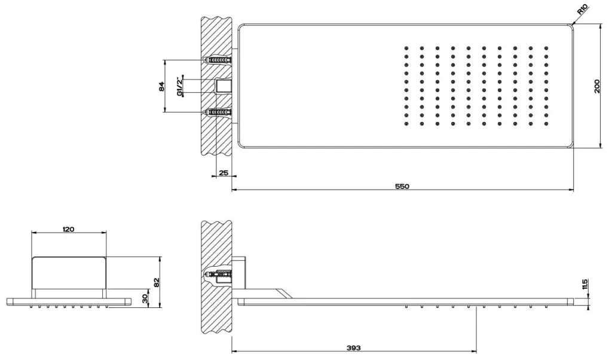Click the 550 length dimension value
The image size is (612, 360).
pyautogui.click(x=402, y=186)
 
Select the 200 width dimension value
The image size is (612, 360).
pyautogui.click(x=597, y=86)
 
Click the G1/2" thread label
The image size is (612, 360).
pyautogui.click(x=179, y=86)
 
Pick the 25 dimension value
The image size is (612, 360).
pyautogui.click(x=224, y=172)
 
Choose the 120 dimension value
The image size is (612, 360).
pyautogui.click(x=68, y=229)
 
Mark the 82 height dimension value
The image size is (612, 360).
pyautogui.click(x=157, y=282)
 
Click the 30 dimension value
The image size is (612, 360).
pyautogui.click(x=145, y=298)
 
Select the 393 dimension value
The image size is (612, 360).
pyautogui.click(x=354, y=348)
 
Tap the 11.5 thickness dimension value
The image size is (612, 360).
pyautogui.click(x=585, y=284)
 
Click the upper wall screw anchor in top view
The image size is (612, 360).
pyautogui.click(x=218, y=60)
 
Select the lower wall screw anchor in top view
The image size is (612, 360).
pyautogui.click(x=218, y=112)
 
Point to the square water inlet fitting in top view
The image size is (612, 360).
pyautogui.click(x=224, y=86)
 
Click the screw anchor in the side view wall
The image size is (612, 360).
pyautogui.click(x=218, y=275)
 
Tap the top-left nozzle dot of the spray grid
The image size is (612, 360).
pyautogui.click(x=406, y=48)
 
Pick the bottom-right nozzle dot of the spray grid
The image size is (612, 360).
pyautogui.click(x=546, y=124)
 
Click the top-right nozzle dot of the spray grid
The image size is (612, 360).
pyautogui.click(x=546, y=48)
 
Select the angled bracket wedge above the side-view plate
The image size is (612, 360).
pyautogui.click(x=284, y=293)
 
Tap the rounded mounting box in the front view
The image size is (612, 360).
pyautogui.click(x=69, y=273)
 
